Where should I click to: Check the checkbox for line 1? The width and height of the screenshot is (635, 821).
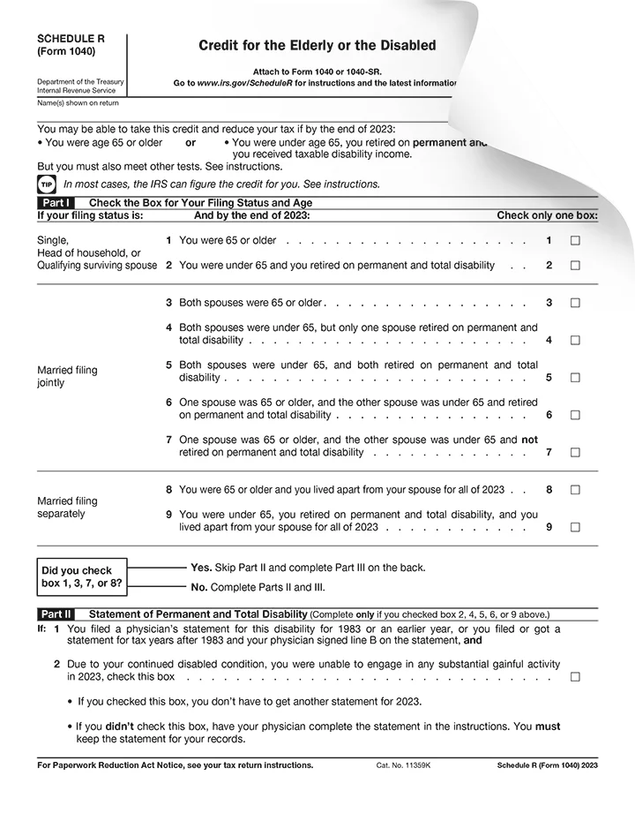click(575, 240)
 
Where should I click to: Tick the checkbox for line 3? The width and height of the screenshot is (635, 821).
click(575, 303)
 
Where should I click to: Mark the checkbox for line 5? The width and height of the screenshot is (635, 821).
click(575, 378)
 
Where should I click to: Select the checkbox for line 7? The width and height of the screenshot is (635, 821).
click(575, 453)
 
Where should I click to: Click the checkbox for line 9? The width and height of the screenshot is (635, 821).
click(575, 527)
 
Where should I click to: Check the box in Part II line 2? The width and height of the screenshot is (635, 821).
click(575, 677)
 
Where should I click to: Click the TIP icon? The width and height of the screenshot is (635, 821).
click(46, 185)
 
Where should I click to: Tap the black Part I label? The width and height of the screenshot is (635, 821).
click(54, 203)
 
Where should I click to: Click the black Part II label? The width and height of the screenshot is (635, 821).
click(55, 614)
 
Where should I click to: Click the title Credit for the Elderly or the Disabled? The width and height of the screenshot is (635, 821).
click(317, 46)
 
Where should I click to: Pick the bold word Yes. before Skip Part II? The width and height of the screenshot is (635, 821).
click(201, 568)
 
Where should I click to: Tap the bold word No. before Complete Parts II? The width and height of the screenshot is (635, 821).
click(199, 587)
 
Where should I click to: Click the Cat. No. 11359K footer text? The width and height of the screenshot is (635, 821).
click(403, 765)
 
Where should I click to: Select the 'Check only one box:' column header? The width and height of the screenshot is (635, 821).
click(547, 215)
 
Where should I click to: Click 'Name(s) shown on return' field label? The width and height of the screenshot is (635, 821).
click(78, 103)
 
